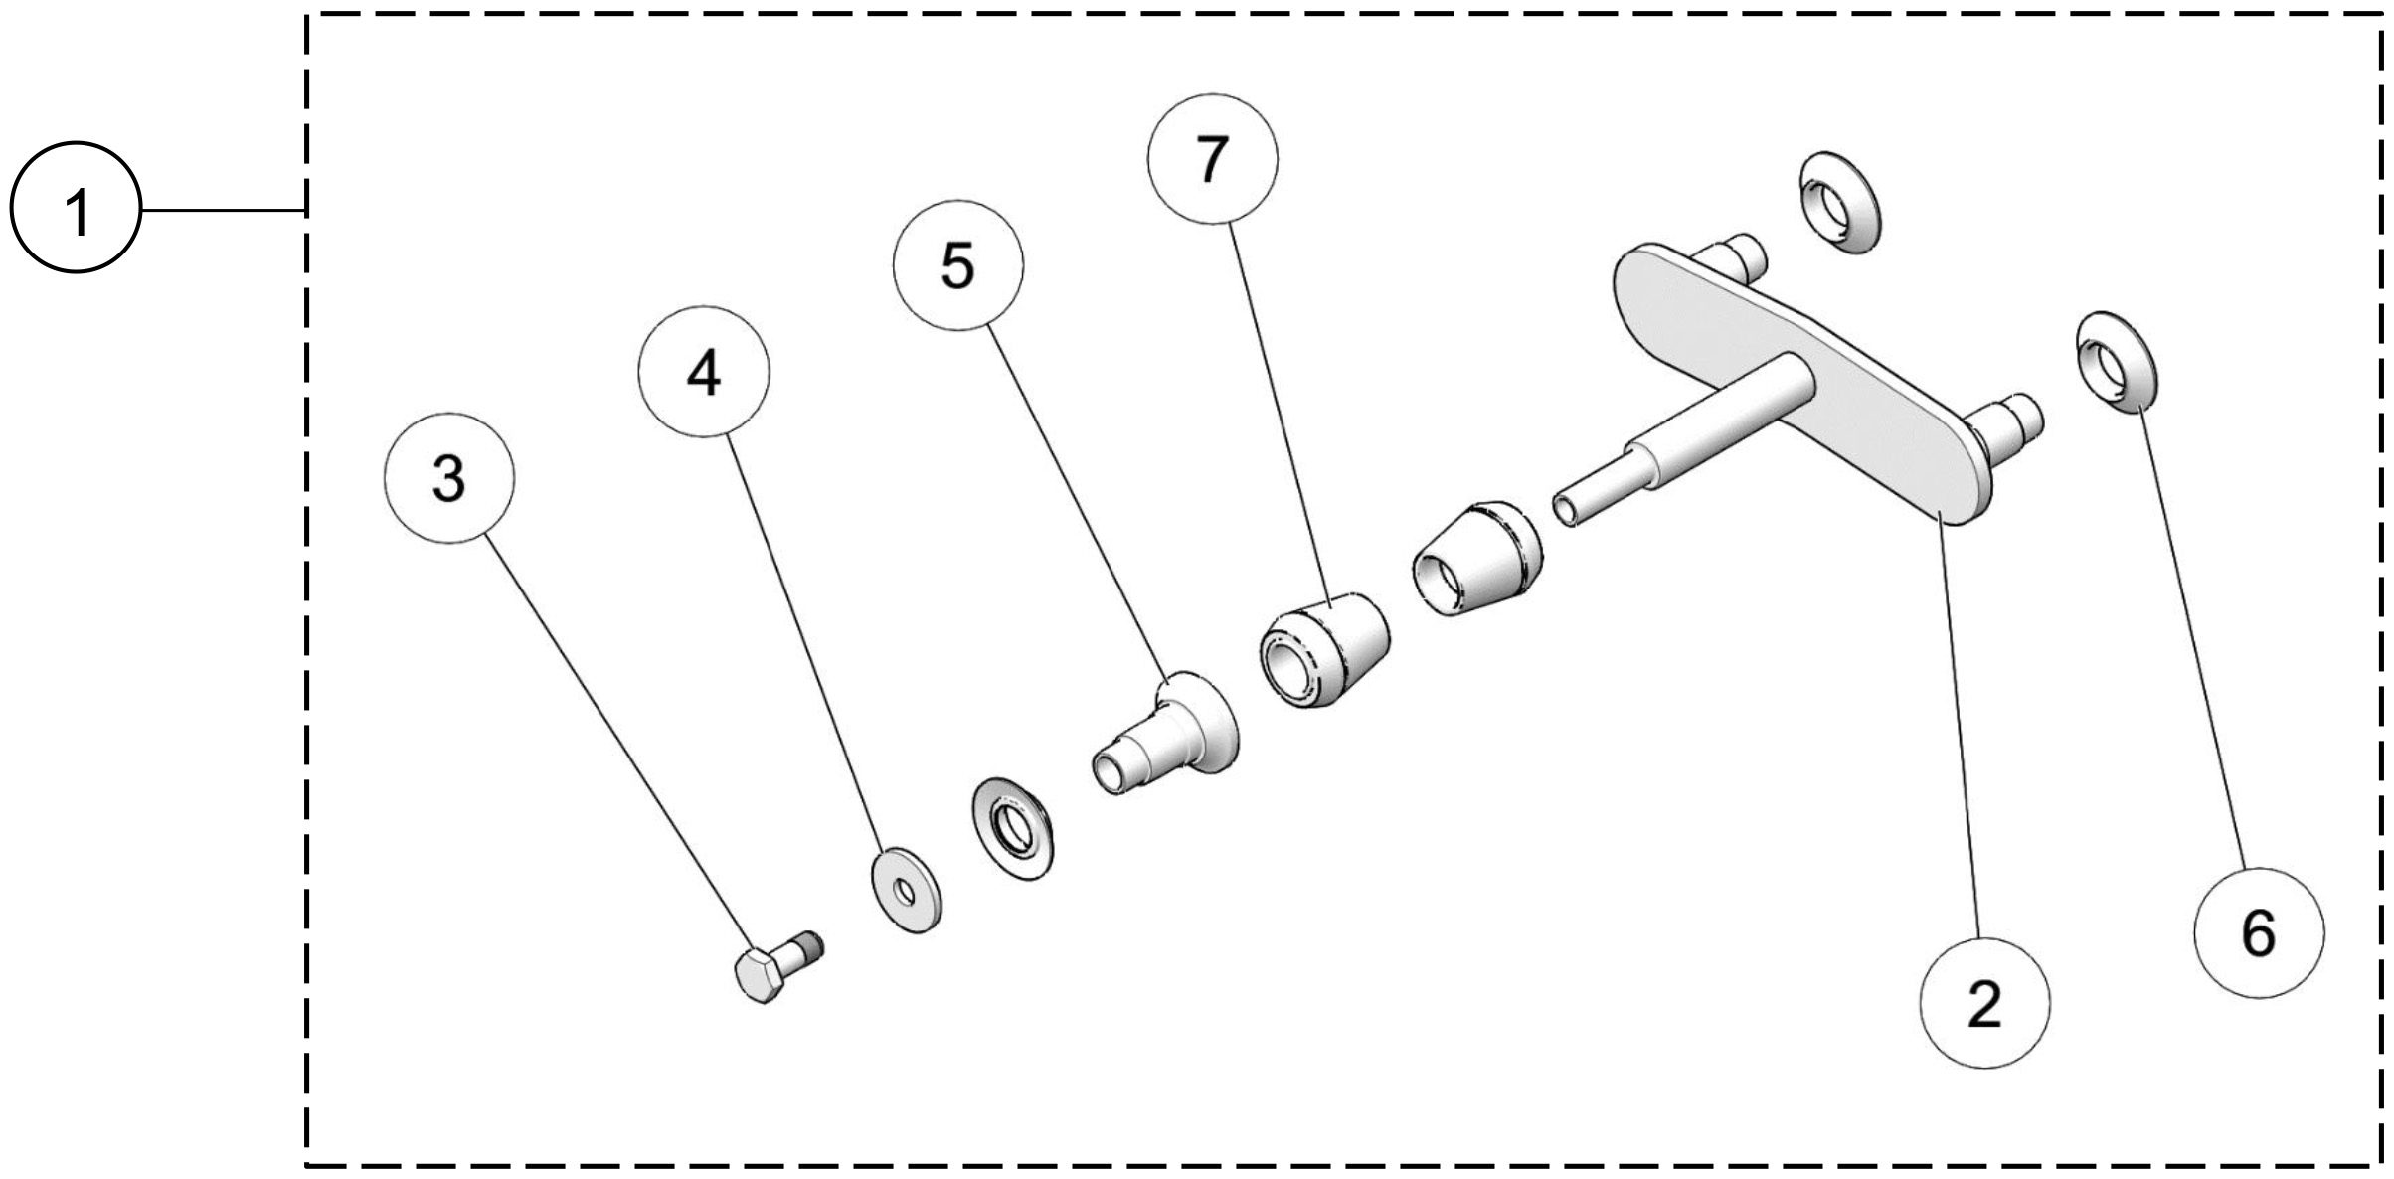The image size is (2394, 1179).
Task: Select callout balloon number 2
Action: pyautogui.click(x=1984, y=1004)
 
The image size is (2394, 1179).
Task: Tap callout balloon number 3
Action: pyautogui.click(x=449, y=478)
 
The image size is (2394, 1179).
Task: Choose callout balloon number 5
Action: pyautogui.click(x=957, y=265)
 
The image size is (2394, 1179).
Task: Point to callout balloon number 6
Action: pyautogui.click(x=2259, y=932)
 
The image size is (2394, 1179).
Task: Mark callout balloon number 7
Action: pyautogui.click(x=1212, y=159)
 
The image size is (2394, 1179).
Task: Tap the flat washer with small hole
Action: pyautogui.click(x=906, y=888)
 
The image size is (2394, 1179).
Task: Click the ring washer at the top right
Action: pyautogui.click(x=1839, y=203)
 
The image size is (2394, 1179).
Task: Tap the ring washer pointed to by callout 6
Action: pyautogui.click(x=2112, y=361)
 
